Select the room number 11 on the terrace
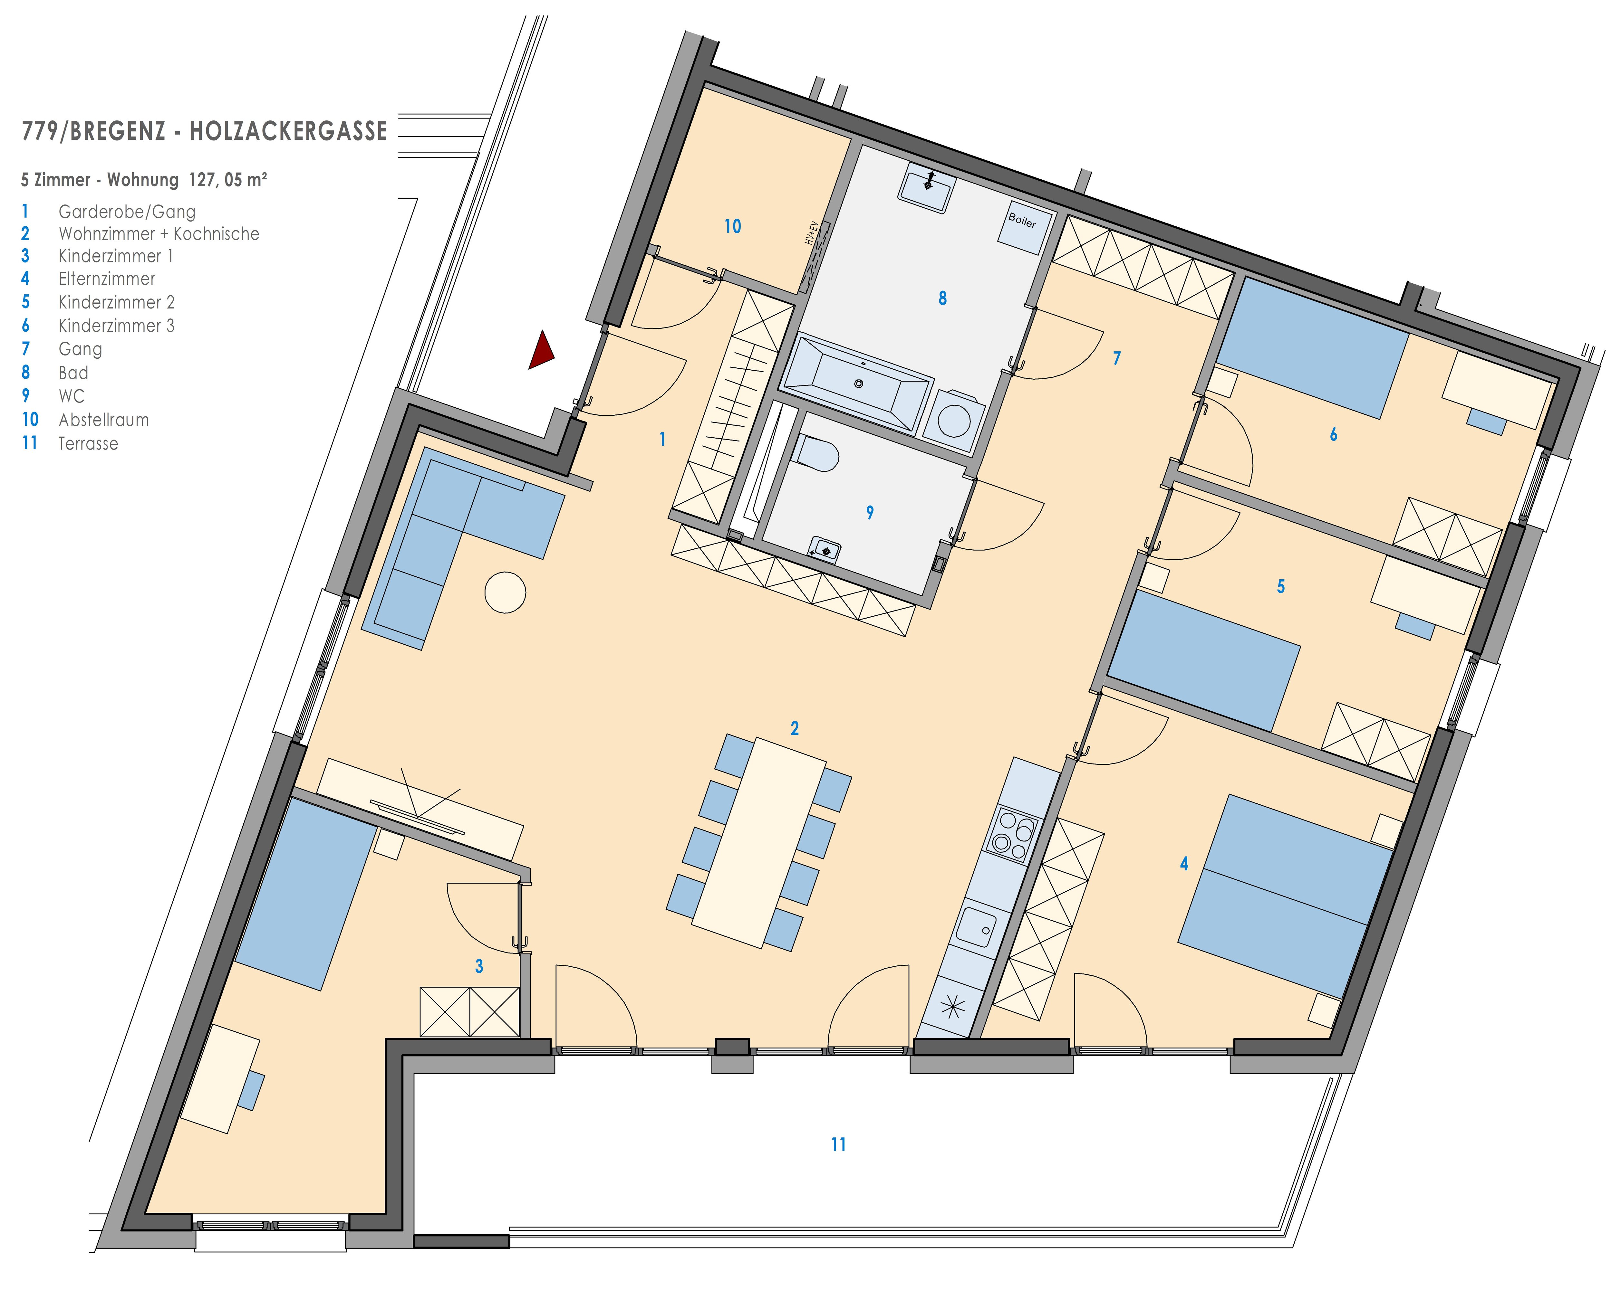coord(838,1144)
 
